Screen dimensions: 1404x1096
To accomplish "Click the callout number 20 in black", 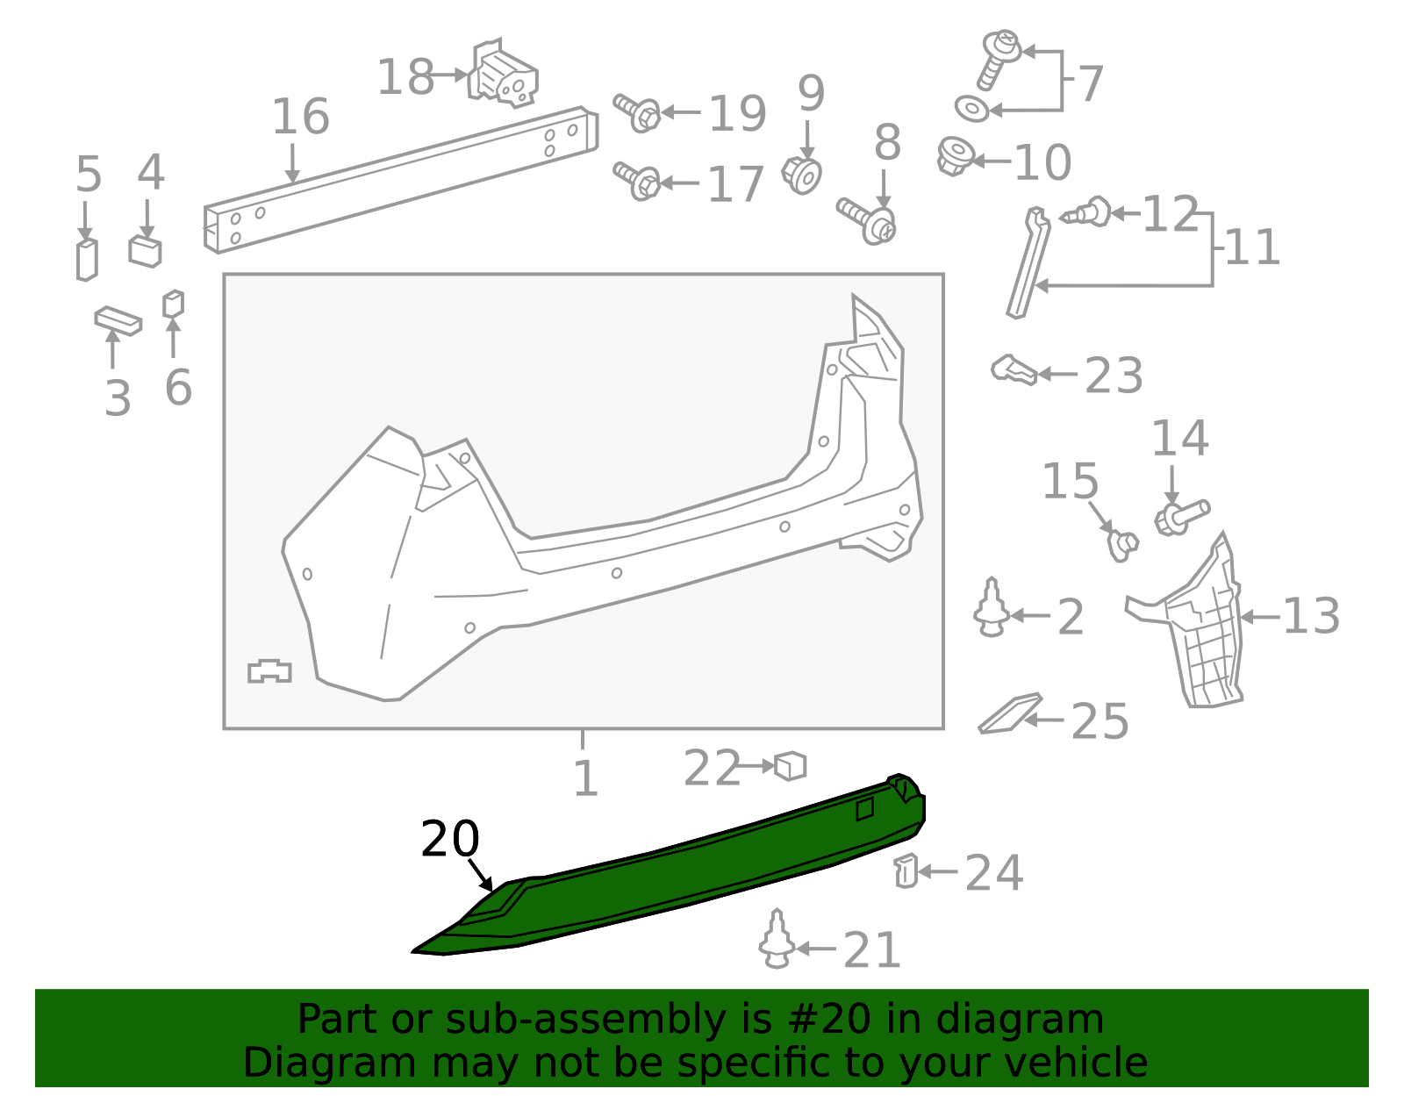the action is pyautogui.click(x=449, y=840).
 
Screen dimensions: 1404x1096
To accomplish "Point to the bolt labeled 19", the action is pyautogui.click(x=637, y=114).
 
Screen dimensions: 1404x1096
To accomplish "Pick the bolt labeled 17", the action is pyautogui.click(x=637, y=182).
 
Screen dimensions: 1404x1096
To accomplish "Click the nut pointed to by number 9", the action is pyautogui.click(x=802, y=175).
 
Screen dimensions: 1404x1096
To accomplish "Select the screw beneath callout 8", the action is pyautogui.click(x=866, y=221).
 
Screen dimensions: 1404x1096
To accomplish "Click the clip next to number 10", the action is pyautogui.click(x=956, y=155).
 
